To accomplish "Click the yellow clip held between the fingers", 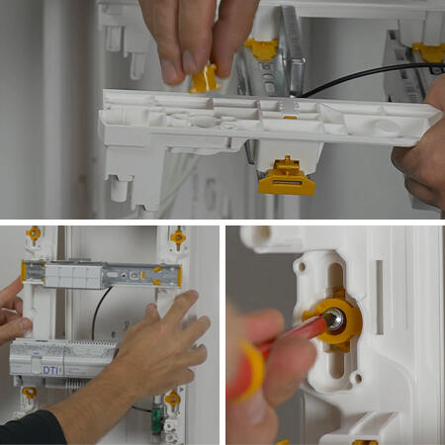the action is click(x=205, y=78).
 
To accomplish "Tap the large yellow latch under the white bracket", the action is click(x=287, y=178).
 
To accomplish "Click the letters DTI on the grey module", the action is click(x=52, y=370).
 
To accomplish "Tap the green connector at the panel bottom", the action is click(x=155, y=423).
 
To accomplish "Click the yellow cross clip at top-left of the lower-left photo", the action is click(x=34, y=233).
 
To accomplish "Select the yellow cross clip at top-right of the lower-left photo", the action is click(x=178, y=236).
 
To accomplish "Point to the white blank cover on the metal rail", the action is click(x=73, y=277).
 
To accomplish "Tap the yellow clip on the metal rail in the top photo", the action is click(x=262, y=48).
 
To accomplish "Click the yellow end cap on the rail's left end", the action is click(x=24, y=272).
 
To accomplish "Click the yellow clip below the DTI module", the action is click(x=30, y=393).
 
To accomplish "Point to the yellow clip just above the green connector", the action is click(x=172, y=399).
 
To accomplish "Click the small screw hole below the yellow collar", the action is click(x=356, y=378).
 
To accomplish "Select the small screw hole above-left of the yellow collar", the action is click(x=302, y=266).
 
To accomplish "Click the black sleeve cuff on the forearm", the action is click(x=32, y=427).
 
